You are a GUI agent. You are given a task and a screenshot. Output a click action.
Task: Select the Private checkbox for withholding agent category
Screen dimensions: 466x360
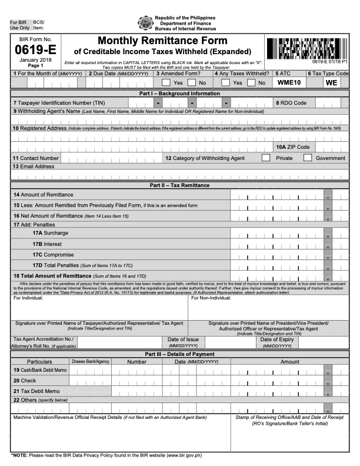266,158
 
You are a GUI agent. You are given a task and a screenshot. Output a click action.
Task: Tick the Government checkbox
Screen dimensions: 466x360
307,158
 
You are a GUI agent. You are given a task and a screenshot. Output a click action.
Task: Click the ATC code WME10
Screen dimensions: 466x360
289,83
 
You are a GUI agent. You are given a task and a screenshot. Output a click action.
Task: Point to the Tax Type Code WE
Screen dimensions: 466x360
331,83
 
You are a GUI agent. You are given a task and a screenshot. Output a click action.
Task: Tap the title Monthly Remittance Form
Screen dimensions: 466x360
162,41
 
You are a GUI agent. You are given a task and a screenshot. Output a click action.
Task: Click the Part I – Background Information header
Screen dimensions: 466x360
179,94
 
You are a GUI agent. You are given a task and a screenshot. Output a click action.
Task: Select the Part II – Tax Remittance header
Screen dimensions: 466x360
179,185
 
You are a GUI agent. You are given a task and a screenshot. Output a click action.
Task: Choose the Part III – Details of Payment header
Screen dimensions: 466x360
179,353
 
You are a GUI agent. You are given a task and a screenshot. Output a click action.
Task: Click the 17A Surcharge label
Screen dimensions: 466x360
53,233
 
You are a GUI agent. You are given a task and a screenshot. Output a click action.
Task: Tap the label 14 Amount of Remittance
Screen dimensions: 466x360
43,194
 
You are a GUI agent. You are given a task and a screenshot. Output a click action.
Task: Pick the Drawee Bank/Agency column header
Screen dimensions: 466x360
90,361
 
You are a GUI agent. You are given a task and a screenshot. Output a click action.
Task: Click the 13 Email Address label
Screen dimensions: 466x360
34,167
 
